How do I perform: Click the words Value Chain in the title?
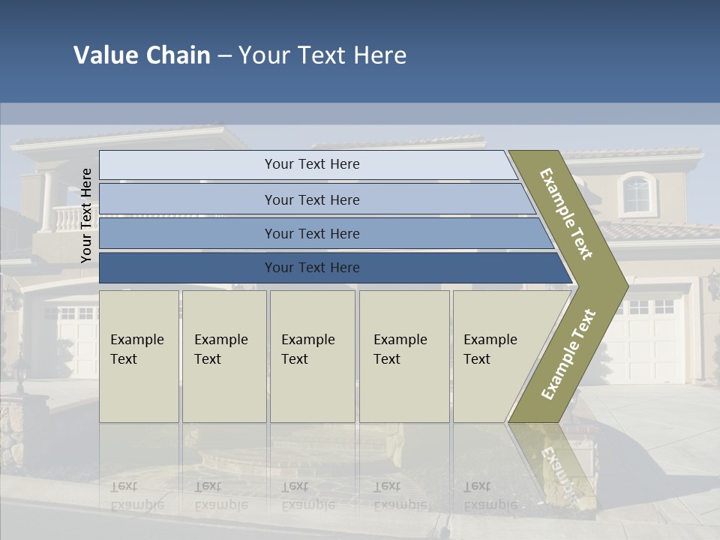142,55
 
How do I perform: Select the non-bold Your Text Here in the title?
322,55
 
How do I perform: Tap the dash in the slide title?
224,56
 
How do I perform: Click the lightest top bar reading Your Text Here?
311,164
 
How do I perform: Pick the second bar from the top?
311,199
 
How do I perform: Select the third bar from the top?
311,233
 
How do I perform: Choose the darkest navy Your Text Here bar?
311,268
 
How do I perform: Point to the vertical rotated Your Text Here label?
86,215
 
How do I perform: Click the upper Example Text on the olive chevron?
567,214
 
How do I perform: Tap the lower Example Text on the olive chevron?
568,355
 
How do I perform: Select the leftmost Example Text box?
139,355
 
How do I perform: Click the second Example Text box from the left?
223,355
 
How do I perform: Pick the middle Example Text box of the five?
311,355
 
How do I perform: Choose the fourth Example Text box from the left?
403,355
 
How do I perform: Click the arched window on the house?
637,194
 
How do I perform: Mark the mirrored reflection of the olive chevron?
555,465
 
